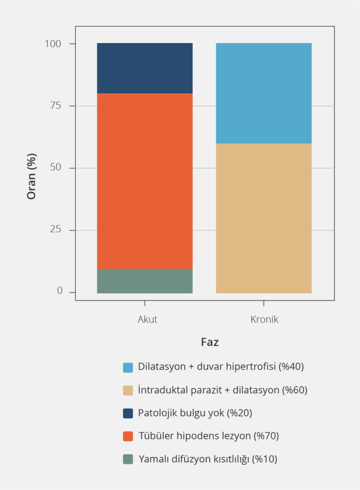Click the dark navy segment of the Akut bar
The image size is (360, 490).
[144, 68]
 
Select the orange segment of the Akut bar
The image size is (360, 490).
[144, 181]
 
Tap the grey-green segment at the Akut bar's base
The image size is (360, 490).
[144, 281]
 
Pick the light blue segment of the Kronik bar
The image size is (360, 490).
[263, 93]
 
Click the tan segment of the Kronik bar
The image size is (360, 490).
[263, 218]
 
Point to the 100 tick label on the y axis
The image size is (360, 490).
[53, 44]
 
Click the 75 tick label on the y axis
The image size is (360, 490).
[56, 106]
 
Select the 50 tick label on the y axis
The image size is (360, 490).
[56, 168]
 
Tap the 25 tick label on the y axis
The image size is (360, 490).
[56, 230]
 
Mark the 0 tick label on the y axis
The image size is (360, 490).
[60, 291]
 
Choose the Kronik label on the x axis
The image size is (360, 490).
[264, 319]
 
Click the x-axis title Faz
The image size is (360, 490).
[210, 342]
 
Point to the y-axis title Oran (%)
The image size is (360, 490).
[31, 176]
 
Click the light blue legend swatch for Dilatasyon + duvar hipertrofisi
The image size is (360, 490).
[128, 367]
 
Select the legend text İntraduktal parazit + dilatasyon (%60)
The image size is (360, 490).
[223, 390]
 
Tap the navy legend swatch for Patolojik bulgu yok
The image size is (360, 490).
[128, 413]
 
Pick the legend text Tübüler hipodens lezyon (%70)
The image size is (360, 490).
[209, 436]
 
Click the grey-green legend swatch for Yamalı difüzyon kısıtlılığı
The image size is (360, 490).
[128, 459]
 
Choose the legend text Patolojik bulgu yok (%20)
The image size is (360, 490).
[195, 413]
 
